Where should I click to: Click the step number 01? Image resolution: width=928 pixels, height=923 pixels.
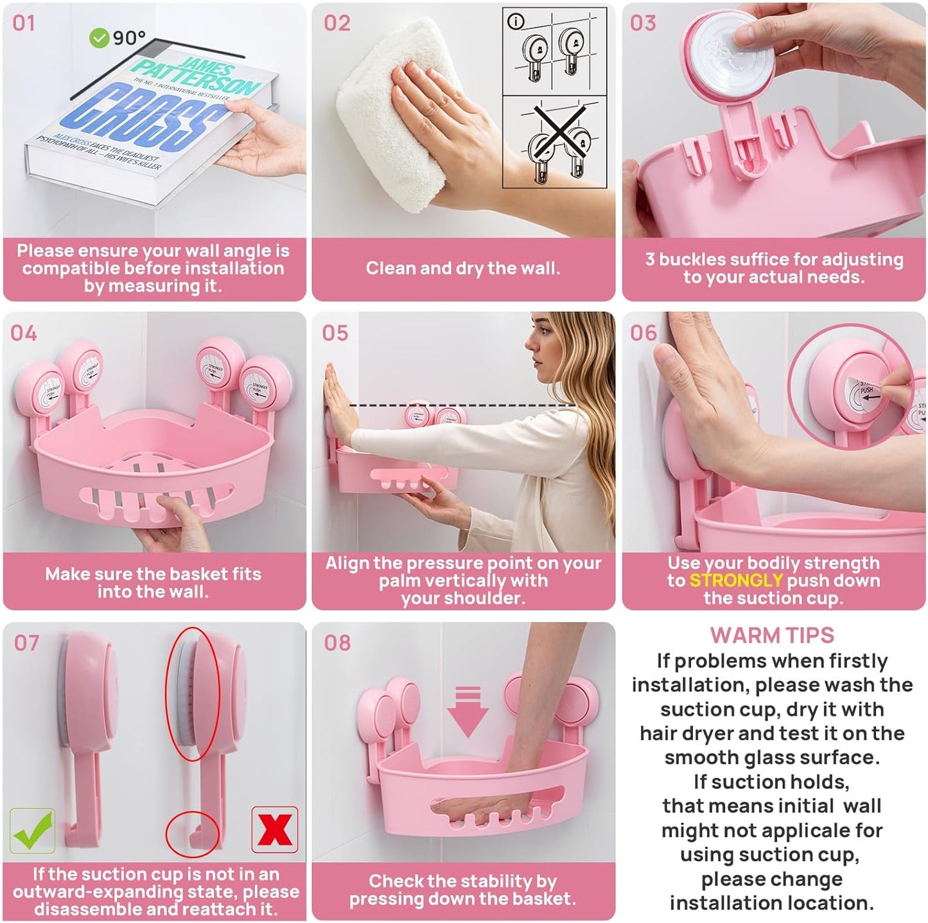(24, 23)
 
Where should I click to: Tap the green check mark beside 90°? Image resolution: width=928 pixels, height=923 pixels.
(98, 39)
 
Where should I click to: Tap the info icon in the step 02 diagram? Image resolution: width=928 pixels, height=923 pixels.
(515, 22)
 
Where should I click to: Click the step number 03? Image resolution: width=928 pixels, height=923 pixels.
(643, 23)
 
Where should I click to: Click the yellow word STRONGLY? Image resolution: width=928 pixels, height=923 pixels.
(736, 580)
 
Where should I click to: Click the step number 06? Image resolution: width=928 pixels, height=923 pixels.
(643, 332)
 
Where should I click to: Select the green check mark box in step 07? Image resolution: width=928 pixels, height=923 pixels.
(32, 831)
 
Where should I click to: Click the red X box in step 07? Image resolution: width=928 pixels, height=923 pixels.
(275, 829)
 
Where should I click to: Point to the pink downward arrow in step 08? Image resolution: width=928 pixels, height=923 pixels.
(468, 711)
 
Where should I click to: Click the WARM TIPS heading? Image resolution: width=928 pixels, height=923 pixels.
(772, 635)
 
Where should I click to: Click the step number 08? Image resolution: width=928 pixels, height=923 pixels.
(337, 643)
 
